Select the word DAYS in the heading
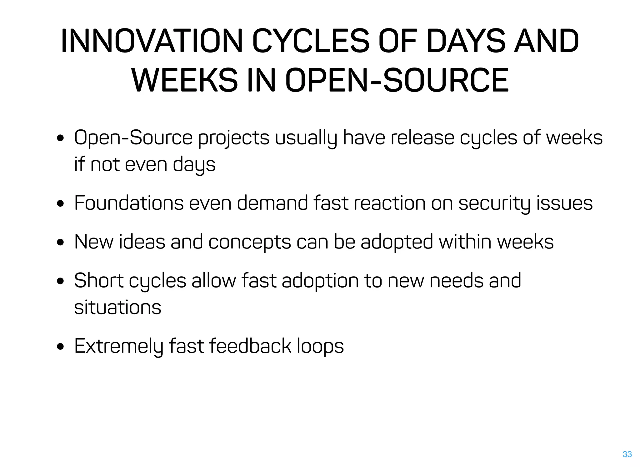coord(466,41)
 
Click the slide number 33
coord(627,454)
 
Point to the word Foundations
coord(129,203)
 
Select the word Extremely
coord(119,346)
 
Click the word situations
coord(117,307)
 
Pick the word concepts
coord(250,242)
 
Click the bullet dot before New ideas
coord(61,243)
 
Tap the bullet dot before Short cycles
coord(61,281)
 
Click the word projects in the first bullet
coord(234,138)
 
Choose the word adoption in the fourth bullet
coord(320,281)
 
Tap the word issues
coord(564,203)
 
